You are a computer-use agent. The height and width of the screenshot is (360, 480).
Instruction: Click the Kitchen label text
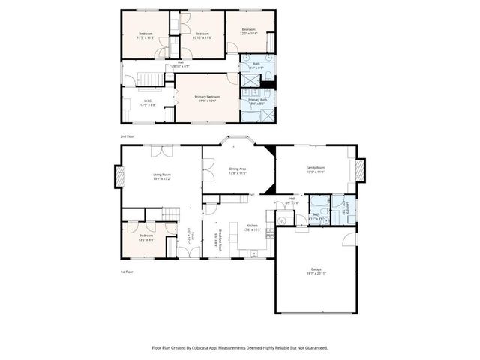(x=253, y=227)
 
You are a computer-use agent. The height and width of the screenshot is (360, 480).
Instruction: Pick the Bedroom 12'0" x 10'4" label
(x=248, y=31)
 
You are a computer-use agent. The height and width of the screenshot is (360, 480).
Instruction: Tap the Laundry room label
(x=346, y=208)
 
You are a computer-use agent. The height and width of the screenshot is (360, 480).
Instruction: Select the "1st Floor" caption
(x=127, y=271)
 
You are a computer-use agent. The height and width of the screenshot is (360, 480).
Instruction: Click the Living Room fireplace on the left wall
(x=118, y=177)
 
